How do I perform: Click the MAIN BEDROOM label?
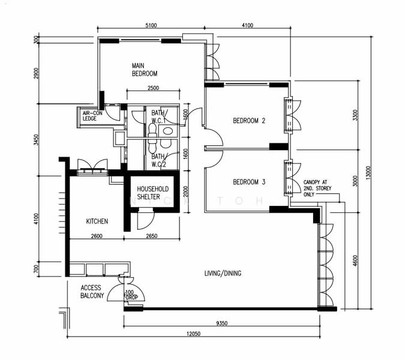point(145,70)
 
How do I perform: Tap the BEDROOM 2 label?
point(249,121)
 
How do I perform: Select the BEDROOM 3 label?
point(249,182)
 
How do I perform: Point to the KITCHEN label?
point(97,221)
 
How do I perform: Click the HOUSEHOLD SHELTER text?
point(152,193)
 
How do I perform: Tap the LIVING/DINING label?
point(223,273)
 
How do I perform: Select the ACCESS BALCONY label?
point(92,292)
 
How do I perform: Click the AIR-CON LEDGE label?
point(92,116)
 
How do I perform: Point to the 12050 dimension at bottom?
point(193,334)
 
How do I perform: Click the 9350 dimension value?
point(221,323)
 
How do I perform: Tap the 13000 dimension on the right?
point(368,173)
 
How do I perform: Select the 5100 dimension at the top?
point(151,25)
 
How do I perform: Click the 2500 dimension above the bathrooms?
point(153,88)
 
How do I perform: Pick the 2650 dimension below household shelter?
point(152,236)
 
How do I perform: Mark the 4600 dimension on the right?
point(355,261)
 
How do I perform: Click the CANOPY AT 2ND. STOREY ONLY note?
point(317,188)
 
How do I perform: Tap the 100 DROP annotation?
point(132,295)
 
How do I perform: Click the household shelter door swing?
point(146,220)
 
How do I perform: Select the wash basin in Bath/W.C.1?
point(168,131)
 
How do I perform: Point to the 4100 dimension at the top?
point(247,25)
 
